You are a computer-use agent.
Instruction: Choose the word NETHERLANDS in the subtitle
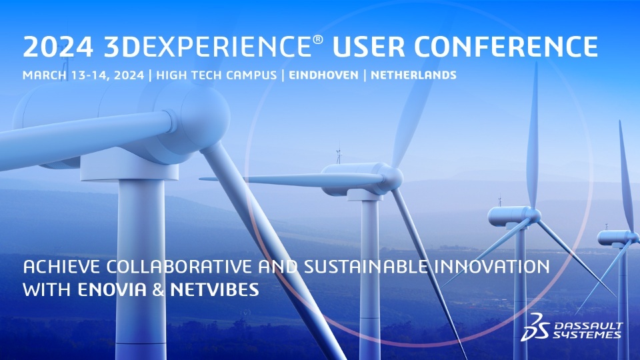click(413, 75)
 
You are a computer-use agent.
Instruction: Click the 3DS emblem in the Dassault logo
click(534, 325)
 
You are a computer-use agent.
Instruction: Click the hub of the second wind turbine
click(393, 178)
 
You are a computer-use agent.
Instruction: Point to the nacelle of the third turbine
click(511, 215)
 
